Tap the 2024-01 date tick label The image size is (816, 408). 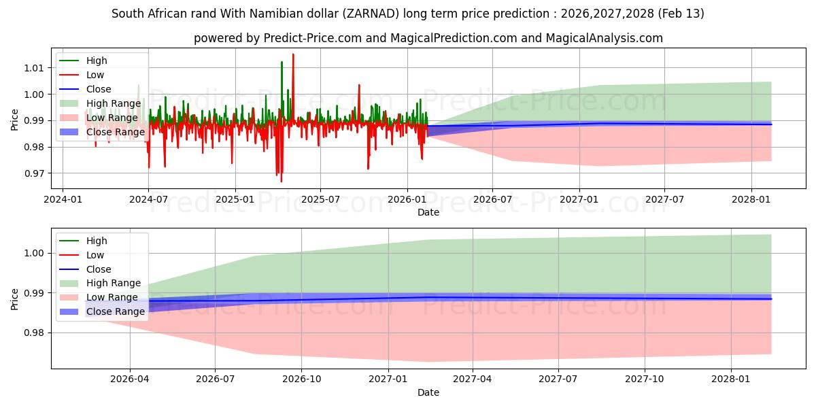click(x=63, y=199)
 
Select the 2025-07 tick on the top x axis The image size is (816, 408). click(x=321, y=199)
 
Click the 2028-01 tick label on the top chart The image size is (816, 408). click(x=751, y=199)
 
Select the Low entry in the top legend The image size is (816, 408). click(x=96, y=75)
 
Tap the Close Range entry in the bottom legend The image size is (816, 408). click(x=115, y=311)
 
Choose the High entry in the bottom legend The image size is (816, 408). click(x=97, y=241)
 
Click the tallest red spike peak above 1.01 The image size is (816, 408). click(x=293, y=54)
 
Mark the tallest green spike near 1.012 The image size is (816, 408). click(x=282, y=63)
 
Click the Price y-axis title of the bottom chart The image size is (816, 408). click(x=15, y=299)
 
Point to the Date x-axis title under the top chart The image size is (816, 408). click(x=428, y=212)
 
